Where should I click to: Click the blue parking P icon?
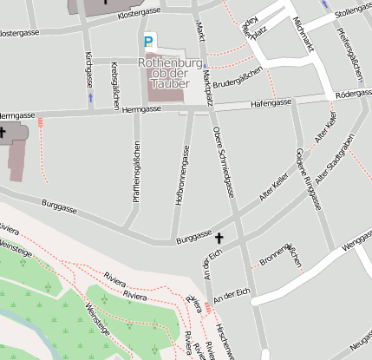150,41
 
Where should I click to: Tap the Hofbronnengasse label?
185,180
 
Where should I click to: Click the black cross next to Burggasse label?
219,237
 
